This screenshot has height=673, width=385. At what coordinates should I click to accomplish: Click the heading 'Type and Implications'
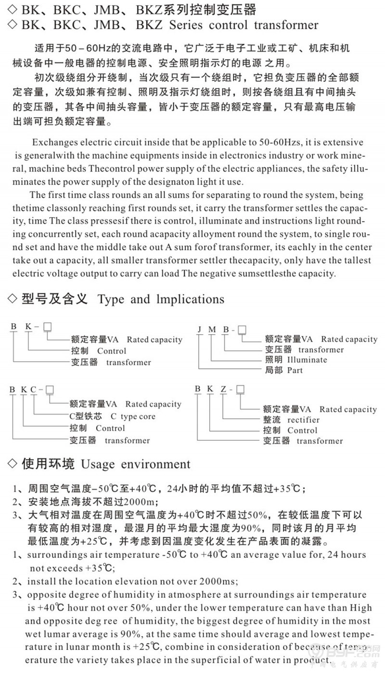(x=161, y=299)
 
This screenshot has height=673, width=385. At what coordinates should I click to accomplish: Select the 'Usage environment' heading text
(x=136, y=464)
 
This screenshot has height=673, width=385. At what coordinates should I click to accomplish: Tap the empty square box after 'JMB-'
(x=243, y=330)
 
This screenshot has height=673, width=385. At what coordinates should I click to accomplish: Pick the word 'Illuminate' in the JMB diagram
(x=307, y=360)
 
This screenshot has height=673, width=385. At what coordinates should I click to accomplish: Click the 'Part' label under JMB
(x=295, y=370)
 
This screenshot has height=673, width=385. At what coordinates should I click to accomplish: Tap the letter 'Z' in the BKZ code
(x=224, y=390)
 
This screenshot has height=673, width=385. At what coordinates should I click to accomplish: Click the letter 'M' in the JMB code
(x=212, y=330)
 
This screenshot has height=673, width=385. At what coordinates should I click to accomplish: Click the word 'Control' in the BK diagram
(x=112, y=351)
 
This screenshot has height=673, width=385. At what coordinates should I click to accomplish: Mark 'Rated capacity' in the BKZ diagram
(x=348, y=409)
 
